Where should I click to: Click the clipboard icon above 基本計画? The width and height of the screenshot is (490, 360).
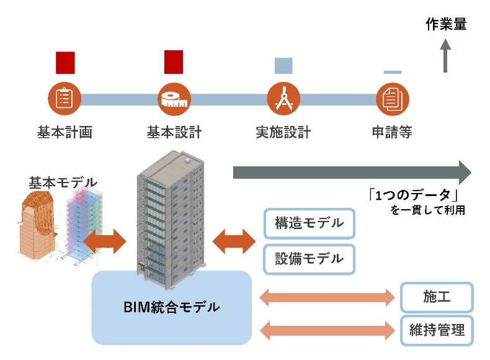point(65,99)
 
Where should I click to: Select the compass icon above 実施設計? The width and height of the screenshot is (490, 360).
point(283,99)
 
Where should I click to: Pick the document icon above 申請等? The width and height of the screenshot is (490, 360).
point(393,99)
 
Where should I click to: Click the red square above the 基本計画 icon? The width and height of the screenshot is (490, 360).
point(65,63)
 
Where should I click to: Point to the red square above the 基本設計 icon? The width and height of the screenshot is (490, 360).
point(174,63)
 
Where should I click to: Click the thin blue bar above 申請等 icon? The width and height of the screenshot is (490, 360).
point(393,72)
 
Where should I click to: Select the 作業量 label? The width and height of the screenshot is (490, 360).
point(447,25)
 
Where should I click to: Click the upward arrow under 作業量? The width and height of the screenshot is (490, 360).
point(445,56)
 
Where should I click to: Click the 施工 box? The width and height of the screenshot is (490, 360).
point(437,297)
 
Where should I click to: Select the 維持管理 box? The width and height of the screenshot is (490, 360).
point(437,330)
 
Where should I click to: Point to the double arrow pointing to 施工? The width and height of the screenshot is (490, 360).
point(327,297)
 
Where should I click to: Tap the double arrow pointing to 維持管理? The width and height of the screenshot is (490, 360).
point(327,330)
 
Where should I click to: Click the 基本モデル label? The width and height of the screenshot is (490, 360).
point(63,182)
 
